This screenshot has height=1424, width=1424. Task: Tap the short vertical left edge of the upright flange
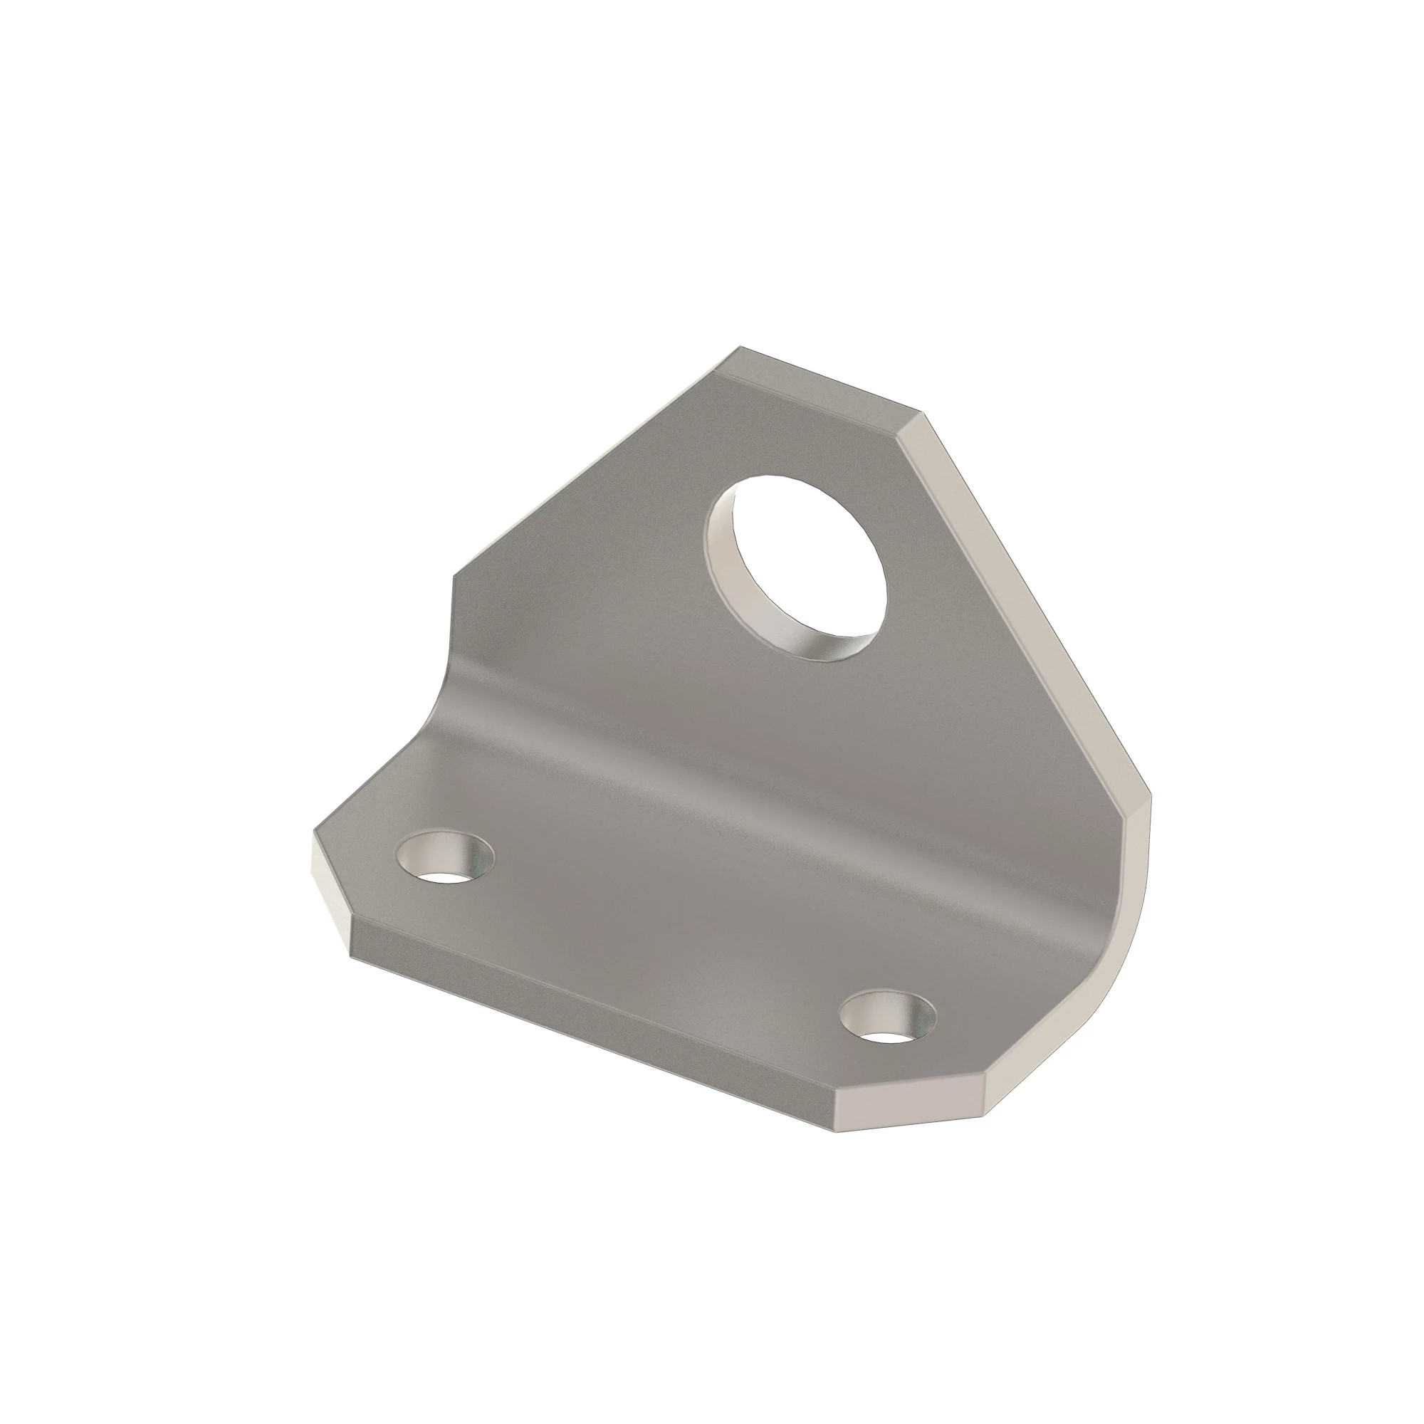[451, 612]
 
